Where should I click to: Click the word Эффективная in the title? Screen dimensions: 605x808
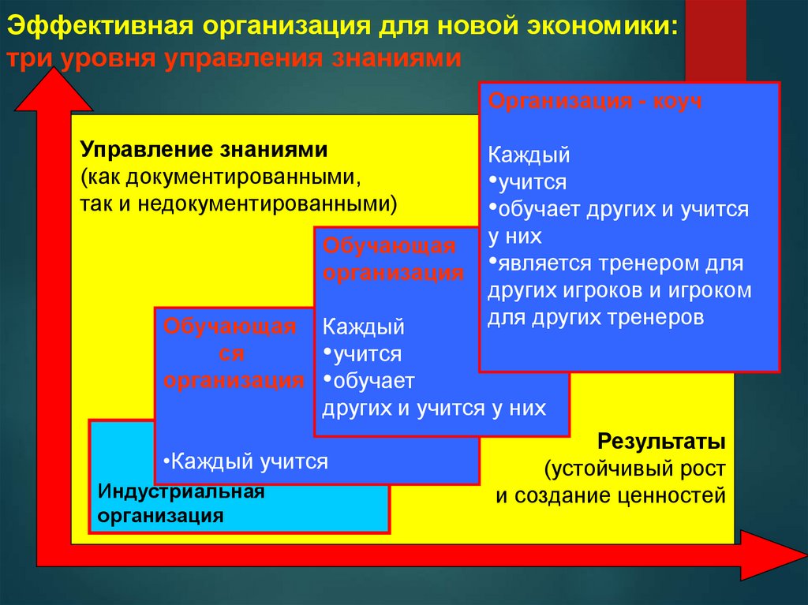[100, 26]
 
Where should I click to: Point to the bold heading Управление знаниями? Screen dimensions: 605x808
[203, 150]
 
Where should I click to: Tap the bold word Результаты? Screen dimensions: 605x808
[661, 440]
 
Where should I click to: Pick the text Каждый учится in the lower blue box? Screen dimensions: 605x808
[245, 461]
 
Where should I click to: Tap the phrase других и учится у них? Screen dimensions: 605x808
[434, 408]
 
